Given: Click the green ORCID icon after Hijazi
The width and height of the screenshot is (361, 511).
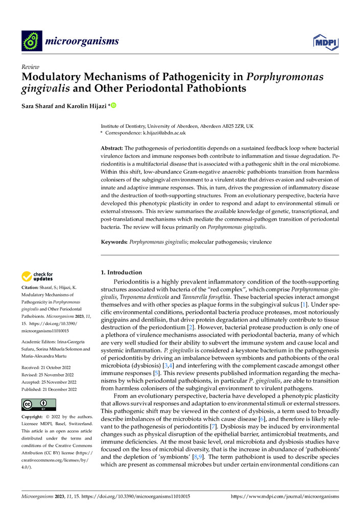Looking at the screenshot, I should pyautogui.click(x=113, y=106).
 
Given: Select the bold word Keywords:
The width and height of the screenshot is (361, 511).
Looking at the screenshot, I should pyautogui.click(x=114, y=241).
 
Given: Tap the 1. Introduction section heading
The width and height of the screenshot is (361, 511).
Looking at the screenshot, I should pyautogui.click(x=122, y=272).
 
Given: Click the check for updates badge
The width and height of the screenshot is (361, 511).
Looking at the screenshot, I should pyautogui.click(x=37, y=276).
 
